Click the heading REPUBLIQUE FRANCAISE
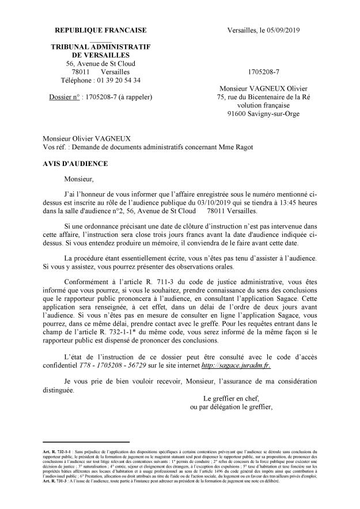tap(100, 30)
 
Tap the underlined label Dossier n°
tap(66, 97)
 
